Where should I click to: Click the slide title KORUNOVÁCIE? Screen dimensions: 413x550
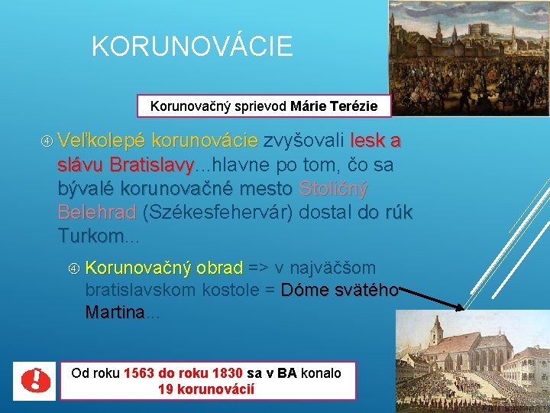tap(192, 47)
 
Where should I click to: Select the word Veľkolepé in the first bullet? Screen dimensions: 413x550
tap(101, 141)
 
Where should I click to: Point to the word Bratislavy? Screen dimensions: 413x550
tap(152, 164)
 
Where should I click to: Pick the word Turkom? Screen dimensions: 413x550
tap(90, 236)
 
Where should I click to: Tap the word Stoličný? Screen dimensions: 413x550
tap(334, 188)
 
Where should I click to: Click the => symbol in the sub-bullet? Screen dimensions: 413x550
tap(258, 268)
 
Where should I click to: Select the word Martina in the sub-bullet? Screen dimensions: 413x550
tap(115, 313)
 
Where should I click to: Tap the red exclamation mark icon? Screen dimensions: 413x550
tap(33, 380)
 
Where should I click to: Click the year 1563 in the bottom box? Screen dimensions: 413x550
tap(138, 373)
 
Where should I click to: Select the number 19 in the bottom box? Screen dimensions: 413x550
tap(166, 389)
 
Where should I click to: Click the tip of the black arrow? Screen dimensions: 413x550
tap(464, 310)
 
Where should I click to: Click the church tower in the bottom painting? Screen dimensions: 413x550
tap(435, 334)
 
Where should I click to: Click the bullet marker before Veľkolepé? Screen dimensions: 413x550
tap(47, 141)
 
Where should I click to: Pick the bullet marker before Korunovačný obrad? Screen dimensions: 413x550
tap(75, 268)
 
